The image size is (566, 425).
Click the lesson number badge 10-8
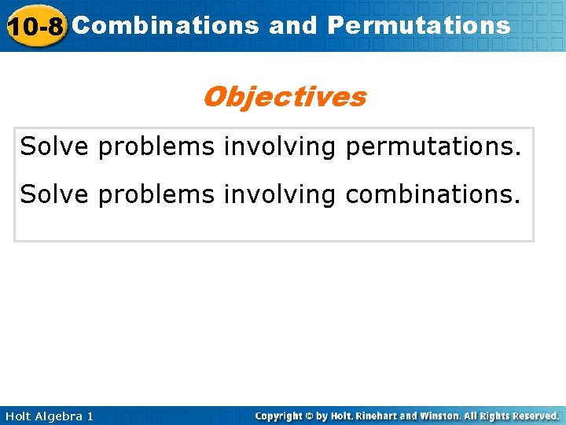coord(35,27)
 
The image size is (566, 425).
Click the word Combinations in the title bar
coord(165,25)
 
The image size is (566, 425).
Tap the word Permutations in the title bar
coord(419,25)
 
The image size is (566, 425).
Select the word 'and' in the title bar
coord(292,25)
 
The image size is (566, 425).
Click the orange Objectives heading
coord(284,97)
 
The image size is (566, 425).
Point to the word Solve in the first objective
coord(55,146)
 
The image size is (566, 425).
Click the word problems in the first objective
coord(156,146)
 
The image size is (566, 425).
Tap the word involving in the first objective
coord(279,146)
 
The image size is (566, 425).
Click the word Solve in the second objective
coord(55,194)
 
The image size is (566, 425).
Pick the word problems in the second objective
coord(156,194)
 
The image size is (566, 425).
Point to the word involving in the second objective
coord(279,194)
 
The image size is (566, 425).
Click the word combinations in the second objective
coord(432,194)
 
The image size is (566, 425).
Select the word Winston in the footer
coord(435,416)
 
